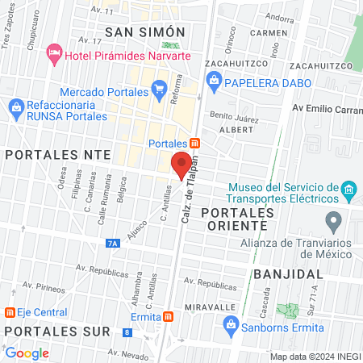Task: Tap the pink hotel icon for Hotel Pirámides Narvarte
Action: click(54, 53)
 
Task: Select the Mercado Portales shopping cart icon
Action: click(159, 88)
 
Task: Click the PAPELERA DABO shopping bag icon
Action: click(214, 79)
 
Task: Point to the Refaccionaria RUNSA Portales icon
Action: click(16, 106)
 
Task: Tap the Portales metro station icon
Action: click(196, 144)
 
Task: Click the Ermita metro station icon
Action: click(167, 317)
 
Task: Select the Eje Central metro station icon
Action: click(10, 311)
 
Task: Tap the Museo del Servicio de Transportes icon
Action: click(348, 192)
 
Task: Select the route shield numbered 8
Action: click(127, 332)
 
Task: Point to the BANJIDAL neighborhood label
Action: click(282, 274)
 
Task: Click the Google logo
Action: click(27, 353)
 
